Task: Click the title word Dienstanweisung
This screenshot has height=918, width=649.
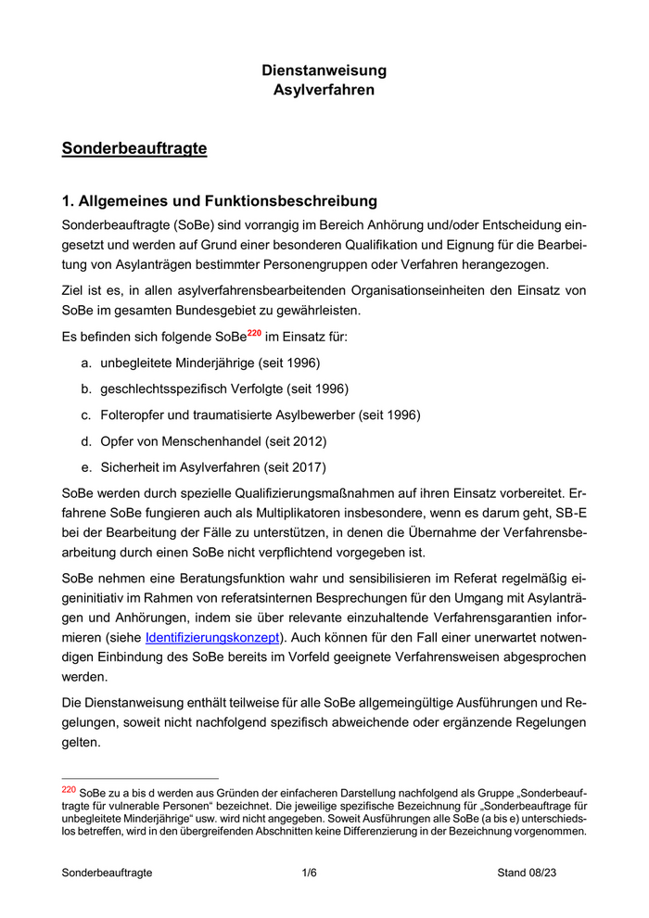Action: [x=324, y=70]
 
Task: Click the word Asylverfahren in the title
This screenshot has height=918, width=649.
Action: [x=324, y=90]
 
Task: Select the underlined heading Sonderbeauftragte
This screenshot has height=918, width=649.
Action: [x=134, y=148]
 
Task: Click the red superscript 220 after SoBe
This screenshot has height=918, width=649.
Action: [x=254, y=331]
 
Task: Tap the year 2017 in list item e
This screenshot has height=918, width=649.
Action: [x=304, y=466]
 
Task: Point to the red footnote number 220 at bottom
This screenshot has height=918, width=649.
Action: [x=68, y=790]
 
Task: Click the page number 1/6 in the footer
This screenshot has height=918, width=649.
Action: [x=309, y=873]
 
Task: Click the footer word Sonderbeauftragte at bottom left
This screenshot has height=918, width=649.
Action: [x=107, y=873]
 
